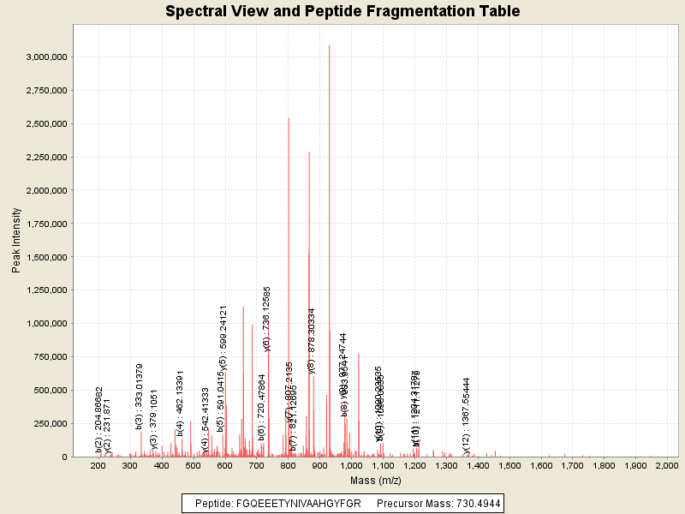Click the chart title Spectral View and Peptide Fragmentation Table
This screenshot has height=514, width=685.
342,11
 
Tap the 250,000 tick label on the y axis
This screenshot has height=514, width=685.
51,423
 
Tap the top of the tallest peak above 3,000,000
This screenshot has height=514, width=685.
330,45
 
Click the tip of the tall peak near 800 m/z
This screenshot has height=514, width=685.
289,118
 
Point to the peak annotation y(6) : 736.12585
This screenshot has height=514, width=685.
267,319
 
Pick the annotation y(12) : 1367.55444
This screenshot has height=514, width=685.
467,414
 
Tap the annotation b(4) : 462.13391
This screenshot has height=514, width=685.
181,403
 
